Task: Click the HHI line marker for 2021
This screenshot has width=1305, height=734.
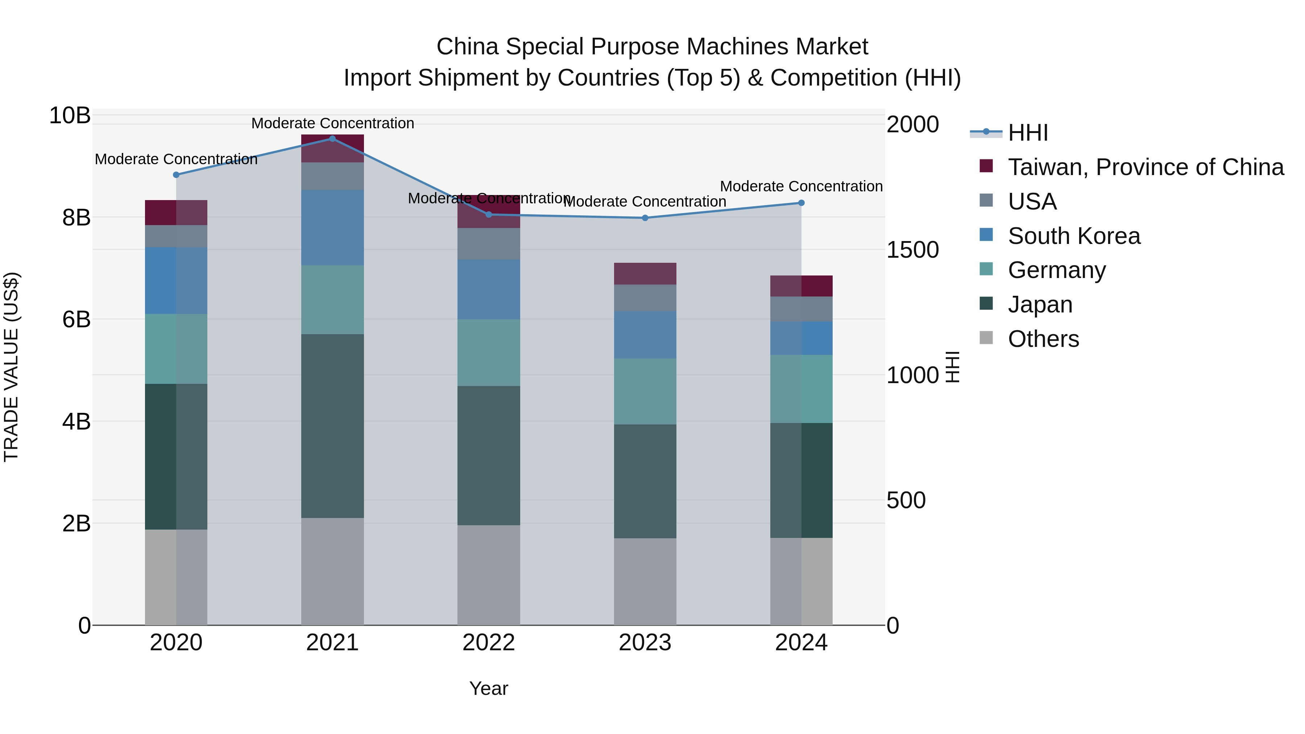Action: click(332, 138)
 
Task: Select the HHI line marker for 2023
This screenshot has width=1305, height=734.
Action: click(645, 218)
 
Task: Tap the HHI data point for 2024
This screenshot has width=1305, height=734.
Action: click(801, 203)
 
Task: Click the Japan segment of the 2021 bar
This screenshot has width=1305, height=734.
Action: click(332, 426)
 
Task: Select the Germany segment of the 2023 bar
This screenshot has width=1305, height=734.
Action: click(645, 391)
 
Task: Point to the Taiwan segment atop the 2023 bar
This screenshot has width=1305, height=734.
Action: click(645, 274)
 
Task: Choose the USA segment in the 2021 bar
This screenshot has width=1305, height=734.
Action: click(332, 176)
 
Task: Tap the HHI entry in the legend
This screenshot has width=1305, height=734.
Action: click(1027, 133)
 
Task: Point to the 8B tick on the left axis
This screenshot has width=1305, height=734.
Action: click(76, 217)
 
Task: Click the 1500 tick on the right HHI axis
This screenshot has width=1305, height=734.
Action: click(912, 250)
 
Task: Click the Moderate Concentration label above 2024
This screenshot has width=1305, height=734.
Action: click(801, 186)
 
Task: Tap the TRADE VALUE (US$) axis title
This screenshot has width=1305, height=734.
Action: click(11, 367)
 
